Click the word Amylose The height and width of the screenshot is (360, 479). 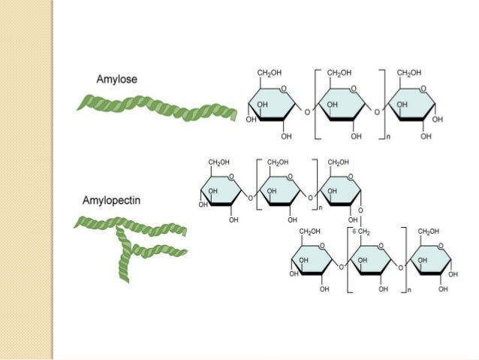coord(116,80)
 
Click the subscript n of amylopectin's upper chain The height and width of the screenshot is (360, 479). coord(321,207)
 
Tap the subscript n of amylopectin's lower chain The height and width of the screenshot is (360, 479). coord(411,289)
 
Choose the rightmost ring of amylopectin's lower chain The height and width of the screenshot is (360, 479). coord(433,264)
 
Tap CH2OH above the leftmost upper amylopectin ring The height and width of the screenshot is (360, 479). coord(219,162)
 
